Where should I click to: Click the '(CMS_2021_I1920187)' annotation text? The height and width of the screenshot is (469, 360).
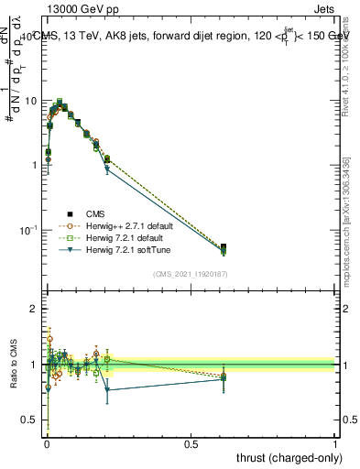click(x=190, y=274)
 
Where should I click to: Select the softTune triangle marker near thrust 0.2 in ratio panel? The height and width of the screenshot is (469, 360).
click(x=107, y=389)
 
